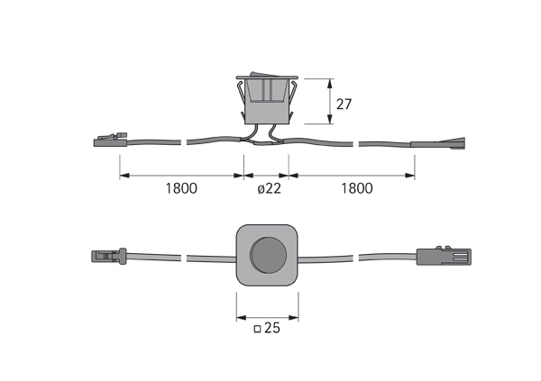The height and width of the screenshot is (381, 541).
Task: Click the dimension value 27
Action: pos(344,104)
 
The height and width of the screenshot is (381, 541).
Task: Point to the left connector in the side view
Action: pos(107,141)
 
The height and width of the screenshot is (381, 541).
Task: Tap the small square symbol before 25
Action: pos(257,331)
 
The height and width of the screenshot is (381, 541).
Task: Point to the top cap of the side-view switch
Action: pos(267,77)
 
